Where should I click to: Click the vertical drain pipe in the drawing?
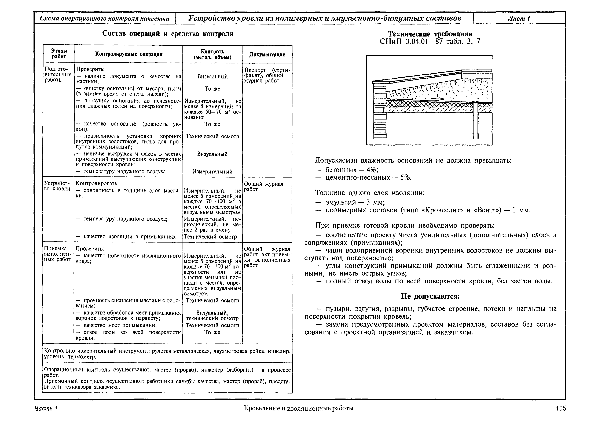click(476, 122)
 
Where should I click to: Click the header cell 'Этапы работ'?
click(59, 54)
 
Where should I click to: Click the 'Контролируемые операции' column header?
click(129, 54)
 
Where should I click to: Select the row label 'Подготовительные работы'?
click(58, 74)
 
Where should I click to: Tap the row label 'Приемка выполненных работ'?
click(57, 254)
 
